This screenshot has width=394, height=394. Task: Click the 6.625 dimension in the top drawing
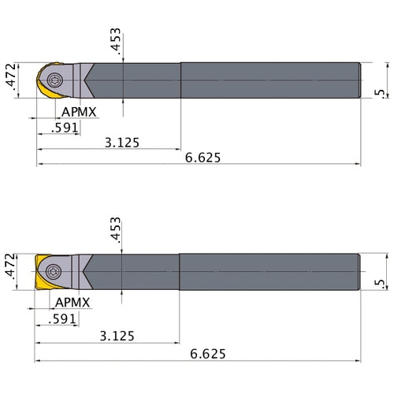click(203, 158)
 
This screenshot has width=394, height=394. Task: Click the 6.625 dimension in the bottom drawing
click(203, 354)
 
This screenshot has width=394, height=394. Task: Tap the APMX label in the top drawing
click(80, 112)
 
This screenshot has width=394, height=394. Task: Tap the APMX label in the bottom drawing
click(76, 303)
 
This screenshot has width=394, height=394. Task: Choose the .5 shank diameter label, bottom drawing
click(381, 283)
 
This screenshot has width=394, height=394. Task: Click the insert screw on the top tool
click(55, 80)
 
